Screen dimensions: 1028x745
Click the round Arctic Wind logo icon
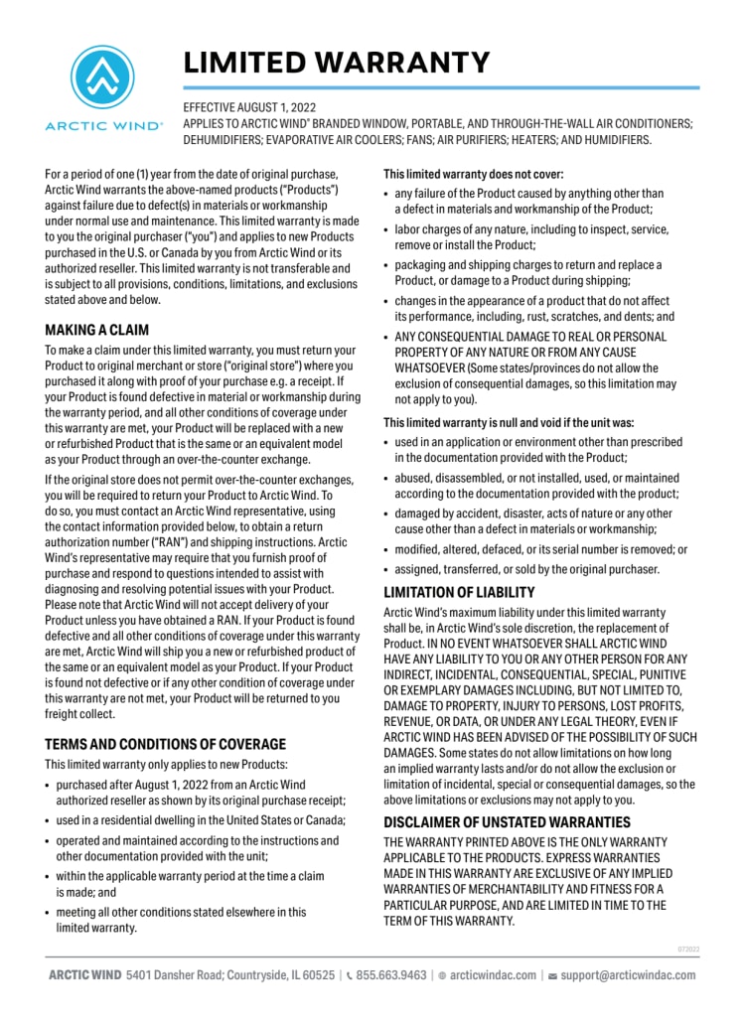coord(104,77)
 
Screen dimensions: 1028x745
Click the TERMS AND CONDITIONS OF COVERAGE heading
coord(166,744)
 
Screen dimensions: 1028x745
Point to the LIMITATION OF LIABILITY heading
coord(459,593)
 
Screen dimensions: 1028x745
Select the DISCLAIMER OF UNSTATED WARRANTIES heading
coord(507,822)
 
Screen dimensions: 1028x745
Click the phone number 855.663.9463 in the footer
coord(391,975)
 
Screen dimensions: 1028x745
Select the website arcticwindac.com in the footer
coord(493,975)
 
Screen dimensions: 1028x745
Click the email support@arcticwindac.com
coord(628,975)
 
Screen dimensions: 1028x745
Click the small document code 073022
coord(688,949)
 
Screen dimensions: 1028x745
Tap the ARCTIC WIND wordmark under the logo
coord(104,126)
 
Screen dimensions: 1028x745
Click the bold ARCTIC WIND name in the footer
coord(84,975)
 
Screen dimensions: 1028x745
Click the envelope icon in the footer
coord(552,975)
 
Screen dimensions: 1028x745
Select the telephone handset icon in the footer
coord(349,975)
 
